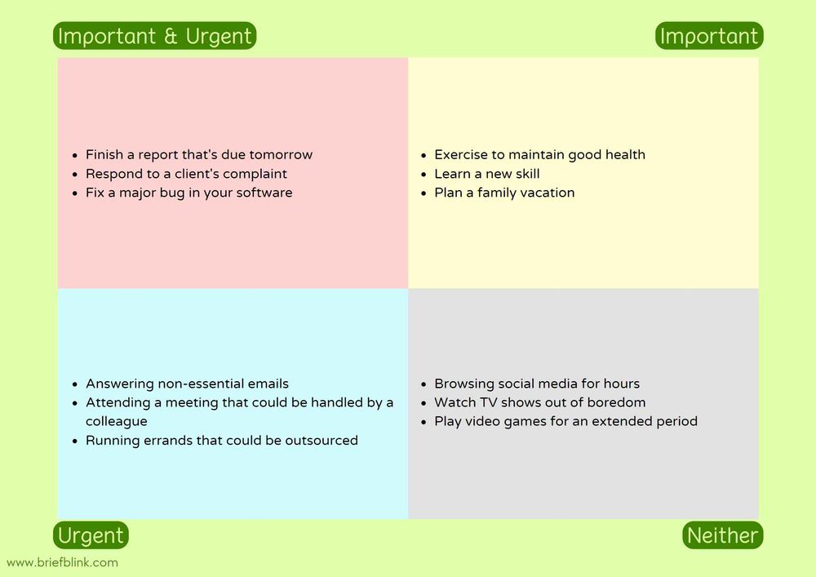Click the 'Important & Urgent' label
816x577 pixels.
click(x=155, y=36)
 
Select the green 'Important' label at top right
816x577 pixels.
click(x=709, y=36)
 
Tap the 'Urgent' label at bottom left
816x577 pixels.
click(x=91, y=535)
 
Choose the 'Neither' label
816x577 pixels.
click(x=722, y=535)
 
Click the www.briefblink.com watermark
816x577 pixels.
click(x=62, y=562)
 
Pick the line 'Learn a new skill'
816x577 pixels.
click(x=487, y=174)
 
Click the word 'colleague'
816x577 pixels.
click(x=117, y=421)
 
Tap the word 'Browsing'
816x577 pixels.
click(x=463, y=384)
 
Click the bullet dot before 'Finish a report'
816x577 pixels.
click(x=76, y=155)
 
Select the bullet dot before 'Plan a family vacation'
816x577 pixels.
click(x=424, y=193)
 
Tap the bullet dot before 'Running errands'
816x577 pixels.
click(x=76, y=441)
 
